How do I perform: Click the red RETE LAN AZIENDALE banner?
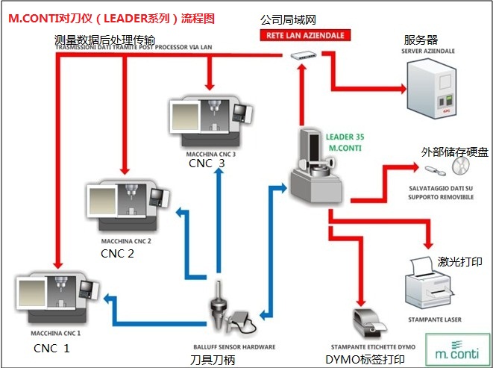click(302, 35)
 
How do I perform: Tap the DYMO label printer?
click(368, 322)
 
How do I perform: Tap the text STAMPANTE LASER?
click(435, 319)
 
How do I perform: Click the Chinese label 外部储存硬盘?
click(455, 152)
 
